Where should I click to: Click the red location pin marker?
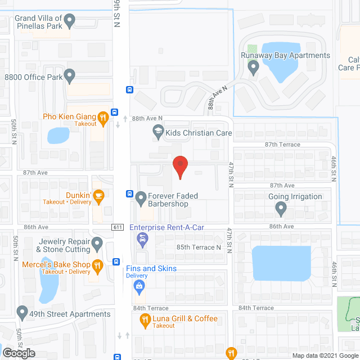[179, 167]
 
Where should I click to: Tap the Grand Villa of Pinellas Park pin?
[70, 21]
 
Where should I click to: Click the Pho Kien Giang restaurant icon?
[102, 118]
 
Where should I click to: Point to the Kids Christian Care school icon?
[158, 133]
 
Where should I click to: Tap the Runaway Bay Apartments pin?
[253, 67]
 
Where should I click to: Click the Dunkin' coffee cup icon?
[98, 196]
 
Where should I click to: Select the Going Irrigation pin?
[281, 209]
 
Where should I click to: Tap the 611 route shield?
[117, 226]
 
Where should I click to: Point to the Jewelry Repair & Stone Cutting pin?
[97, 245]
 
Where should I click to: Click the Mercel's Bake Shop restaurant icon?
[97, 264]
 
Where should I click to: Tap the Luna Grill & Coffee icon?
[145, 321]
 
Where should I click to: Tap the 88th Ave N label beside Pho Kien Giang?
[147, 118]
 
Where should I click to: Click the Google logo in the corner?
[18, 353]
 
